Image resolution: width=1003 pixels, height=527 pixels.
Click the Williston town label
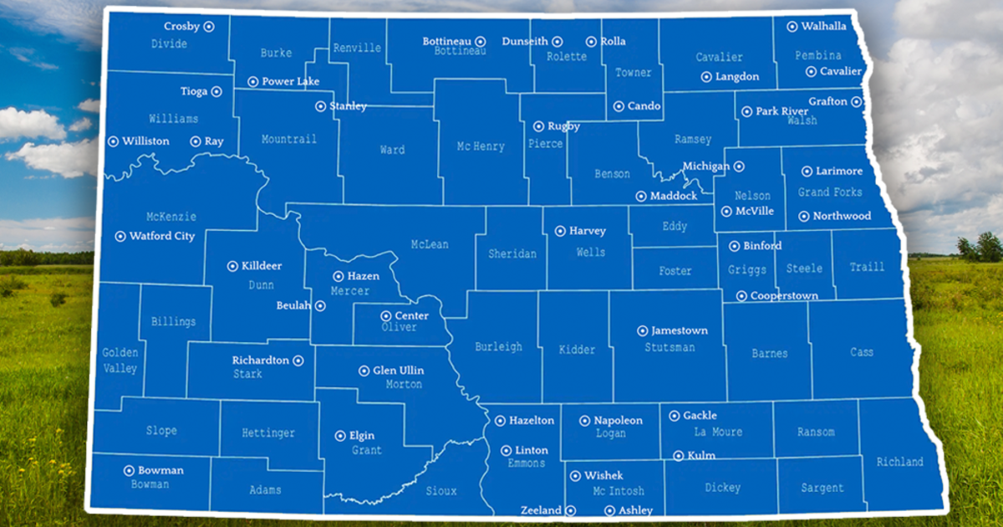pyautogui.click(x=145, y=141)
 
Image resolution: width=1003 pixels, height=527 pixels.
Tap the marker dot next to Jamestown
pyautogui.click(x=643, y=330)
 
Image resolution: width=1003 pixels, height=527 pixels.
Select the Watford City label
pyautogui.click(x=161, y=236)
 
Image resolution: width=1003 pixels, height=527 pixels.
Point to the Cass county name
pyautogui.click(x=862, y=352)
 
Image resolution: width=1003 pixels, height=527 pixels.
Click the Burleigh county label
pyautogui.click(x=498, y=346)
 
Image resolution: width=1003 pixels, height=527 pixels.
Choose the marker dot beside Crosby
pyautogui.click(x=209, y=27)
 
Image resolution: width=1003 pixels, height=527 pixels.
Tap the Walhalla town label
pyautogui.click(x=823, y=26)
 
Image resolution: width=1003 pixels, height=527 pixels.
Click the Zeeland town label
pyautogui.click(x=541, y=510)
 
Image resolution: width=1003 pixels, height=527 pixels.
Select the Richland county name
pyautogui.click(x=899, y=462)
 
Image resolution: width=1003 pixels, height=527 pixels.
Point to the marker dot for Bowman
pyautogui.click(x=129, y=470)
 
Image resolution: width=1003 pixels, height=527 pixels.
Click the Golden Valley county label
pyautogui.click(x=120, y=361)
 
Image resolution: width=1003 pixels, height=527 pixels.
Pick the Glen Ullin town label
pyautogui.click(x=398, y=371)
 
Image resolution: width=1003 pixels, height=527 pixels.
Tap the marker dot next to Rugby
pyautogui.click(x=538, y=126)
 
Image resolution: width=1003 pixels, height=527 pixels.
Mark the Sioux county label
pyautogui.click(x=441, y=491)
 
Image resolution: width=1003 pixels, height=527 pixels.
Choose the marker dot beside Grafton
pyautogui.click(x=856, y=102)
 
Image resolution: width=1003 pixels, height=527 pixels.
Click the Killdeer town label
pyautogui.click(x=262, y=266)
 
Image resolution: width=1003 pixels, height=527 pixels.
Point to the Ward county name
pyautogui.click(x=392, y=150)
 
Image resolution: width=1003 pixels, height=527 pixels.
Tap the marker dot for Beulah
pyautogui.click(x=320, y=306)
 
